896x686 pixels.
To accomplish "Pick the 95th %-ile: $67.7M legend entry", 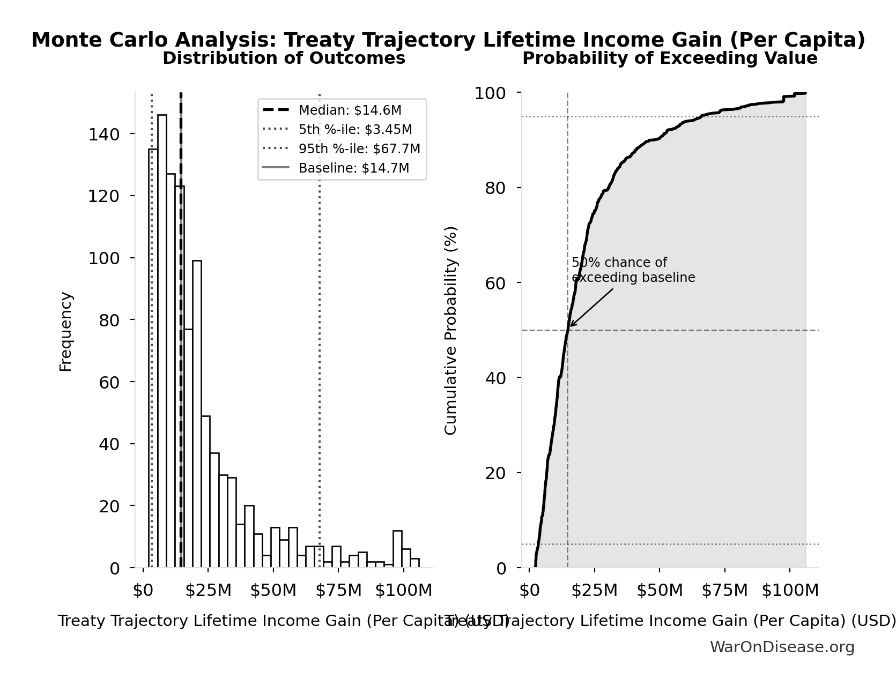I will coord(359,149).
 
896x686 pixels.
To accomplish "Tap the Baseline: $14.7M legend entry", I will coord(353,168).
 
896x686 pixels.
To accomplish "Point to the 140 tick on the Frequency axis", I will coord(104,134).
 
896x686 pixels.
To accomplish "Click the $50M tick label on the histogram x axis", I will coord(273,591).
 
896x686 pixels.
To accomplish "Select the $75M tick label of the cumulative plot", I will coord(724,591).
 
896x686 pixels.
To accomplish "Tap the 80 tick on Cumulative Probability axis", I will coord(495,188).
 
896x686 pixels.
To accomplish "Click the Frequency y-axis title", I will coord(65,331).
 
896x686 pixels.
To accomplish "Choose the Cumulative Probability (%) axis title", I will coord(450,330).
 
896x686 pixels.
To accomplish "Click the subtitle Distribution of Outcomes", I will coord(284,58).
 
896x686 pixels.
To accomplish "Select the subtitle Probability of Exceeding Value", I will coord(670,58).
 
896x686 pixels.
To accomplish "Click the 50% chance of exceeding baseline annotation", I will coord(633,270).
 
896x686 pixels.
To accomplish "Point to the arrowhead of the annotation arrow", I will coord(571,326).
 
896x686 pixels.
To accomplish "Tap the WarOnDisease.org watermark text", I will coord(782,647).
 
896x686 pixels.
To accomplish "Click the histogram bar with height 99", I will coord(197,414).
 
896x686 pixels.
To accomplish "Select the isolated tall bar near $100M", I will coord(397,549).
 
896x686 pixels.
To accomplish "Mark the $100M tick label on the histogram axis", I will coord(403,591).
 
